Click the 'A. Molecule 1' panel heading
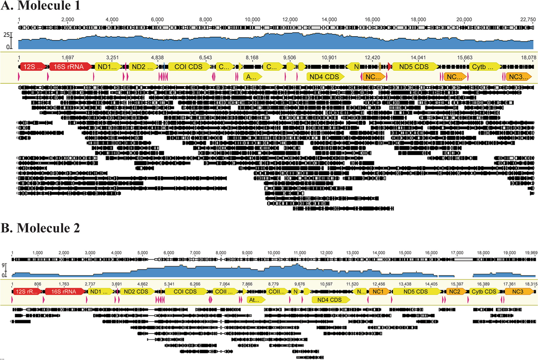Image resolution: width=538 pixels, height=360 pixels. click(41, 5)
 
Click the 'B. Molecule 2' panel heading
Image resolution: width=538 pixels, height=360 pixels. click(40, 228)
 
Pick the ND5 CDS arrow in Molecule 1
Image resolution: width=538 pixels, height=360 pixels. click(414, 67)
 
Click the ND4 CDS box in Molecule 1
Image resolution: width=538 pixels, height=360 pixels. click(325, 77)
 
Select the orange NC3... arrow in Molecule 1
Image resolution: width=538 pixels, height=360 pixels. click(518, 77)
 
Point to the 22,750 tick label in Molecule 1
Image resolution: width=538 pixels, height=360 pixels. click(528, 20)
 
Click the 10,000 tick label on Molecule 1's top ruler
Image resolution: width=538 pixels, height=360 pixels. click(252, 20)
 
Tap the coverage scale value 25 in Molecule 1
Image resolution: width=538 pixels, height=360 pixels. click(6, 35)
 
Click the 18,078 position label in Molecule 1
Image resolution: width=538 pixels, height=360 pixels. click(528, 58)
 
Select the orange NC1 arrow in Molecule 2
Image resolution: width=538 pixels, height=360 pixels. click(378, 292)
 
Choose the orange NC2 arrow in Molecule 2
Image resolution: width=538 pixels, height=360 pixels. click(455, 292)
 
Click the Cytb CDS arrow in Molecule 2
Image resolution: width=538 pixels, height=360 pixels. click(484, 292)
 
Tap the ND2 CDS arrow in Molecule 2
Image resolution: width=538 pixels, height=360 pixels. click(136, 292)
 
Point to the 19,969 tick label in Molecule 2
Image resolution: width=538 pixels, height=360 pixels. click(531, 253)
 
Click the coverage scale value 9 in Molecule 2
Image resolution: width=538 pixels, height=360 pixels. click(3, 265)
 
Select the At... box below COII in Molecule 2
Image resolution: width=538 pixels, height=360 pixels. click(255, 300)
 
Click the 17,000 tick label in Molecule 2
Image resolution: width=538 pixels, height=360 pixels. click(457, 253)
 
